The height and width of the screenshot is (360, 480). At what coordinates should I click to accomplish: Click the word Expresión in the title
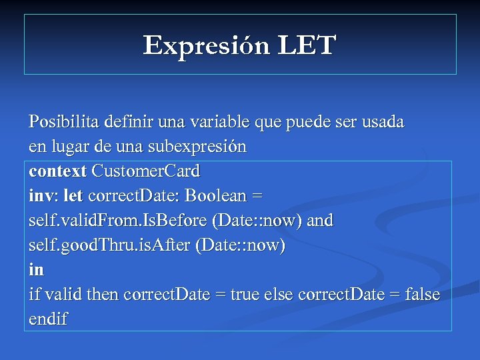[205, 46]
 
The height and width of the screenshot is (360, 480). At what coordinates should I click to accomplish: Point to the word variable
[219, 122]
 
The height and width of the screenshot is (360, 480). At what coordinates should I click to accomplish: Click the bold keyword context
[57, 171]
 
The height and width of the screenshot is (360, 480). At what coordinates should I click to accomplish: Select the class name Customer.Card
[145, 171]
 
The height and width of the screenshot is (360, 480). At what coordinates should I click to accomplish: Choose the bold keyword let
[73, 196]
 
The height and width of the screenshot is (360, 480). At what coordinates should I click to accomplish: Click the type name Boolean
[215, 196]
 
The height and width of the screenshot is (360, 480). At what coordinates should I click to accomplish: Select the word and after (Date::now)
[320, 221]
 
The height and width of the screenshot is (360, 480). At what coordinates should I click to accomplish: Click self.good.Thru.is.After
[109, 245]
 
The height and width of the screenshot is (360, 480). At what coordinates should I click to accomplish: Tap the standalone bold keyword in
[36, 270]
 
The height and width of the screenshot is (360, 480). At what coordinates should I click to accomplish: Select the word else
[280, 295]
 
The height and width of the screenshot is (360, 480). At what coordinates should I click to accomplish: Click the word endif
[48, 319]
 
